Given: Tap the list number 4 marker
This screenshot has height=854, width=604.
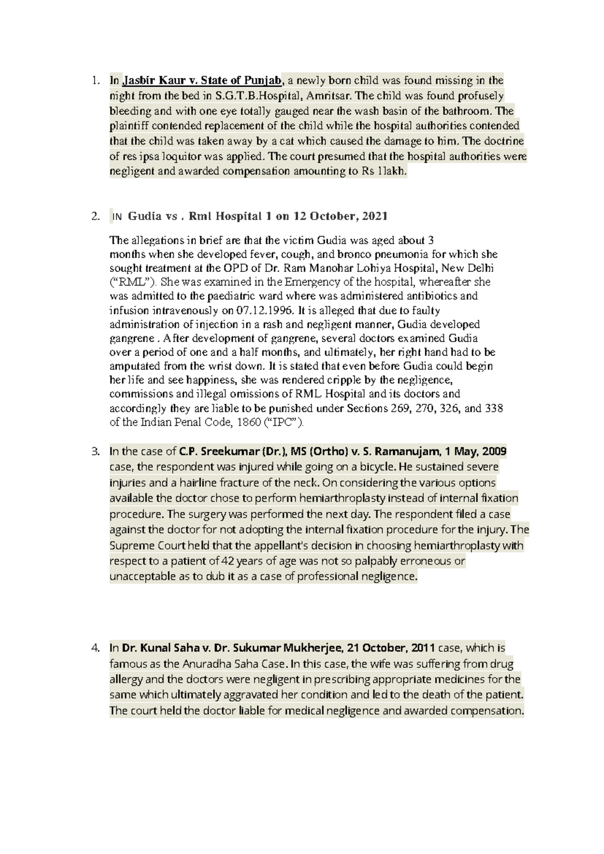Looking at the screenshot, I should pyautogui.click(x=95, y=648).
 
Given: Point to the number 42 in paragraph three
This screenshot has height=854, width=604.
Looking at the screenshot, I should pyautogui.click(x=228, y=561).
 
